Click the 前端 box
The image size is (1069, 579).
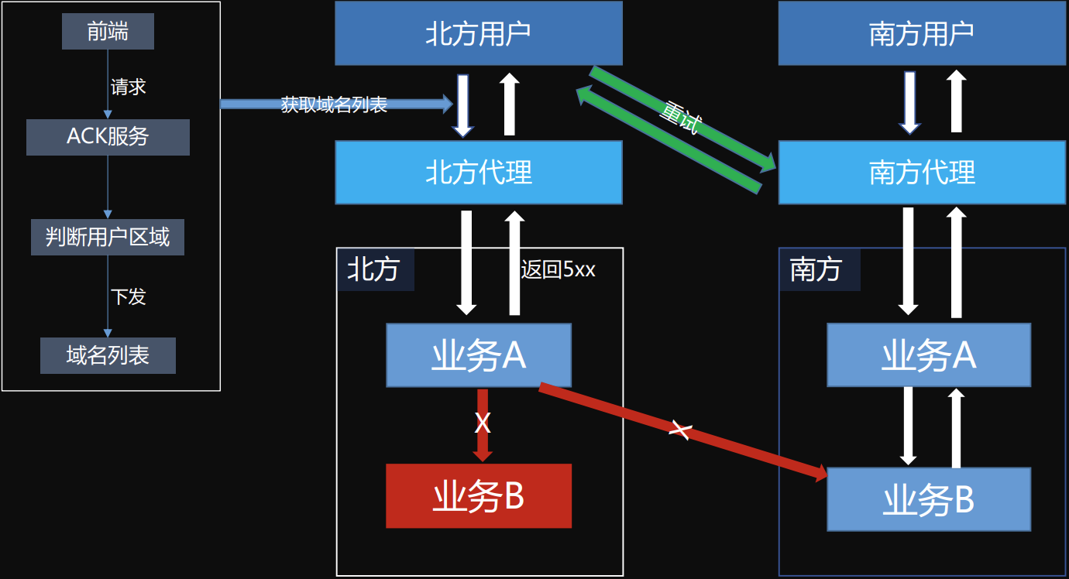point(108,32)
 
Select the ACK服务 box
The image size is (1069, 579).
point(108,137)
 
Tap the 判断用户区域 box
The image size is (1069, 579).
point(108,237)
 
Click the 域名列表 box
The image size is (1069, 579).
point(108,356)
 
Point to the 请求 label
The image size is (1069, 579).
point(129,87)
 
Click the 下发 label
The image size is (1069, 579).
point(129,296)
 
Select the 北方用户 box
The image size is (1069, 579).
point(478,33)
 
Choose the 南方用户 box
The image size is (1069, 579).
point(921,33)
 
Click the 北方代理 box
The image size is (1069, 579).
point(478,172)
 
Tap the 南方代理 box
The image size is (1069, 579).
point(921,172)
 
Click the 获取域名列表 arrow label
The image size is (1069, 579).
point(334,104)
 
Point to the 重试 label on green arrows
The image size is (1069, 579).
point(680,118)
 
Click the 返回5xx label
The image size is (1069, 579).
point(558,270)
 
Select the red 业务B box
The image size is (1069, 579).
point(478,496)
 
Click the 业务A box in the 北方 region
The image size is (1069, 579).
point(478,355)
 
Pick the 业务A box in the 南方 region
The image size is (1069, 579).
point(928,355)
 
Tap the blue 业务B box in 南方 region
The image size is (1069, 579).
point(928,499)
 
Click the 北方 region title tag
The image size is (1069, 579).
point(374,269)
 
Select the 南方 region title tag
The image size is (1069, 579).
point(817,269)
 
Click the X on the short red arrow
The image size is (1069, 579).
point(483,423)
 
